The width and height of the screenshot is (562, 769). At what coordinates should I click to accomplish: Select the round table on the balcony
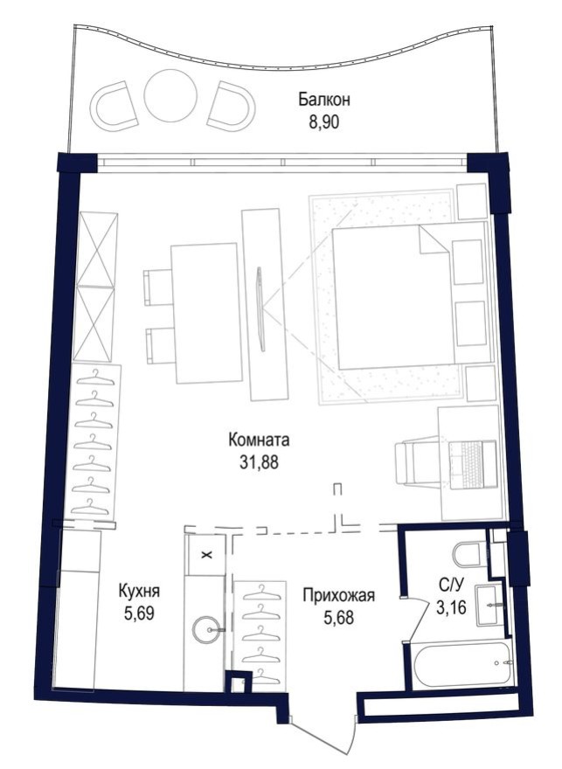[170, 96]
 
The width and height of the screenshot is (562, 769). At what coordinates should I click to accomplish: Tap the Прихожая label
[338, 596]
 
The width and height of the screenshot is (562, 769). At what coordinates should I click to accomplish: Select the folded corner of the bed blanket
[433, 239]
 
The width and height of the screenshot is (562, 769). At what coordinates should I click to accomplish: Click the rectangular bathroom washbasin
[490, 602]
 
